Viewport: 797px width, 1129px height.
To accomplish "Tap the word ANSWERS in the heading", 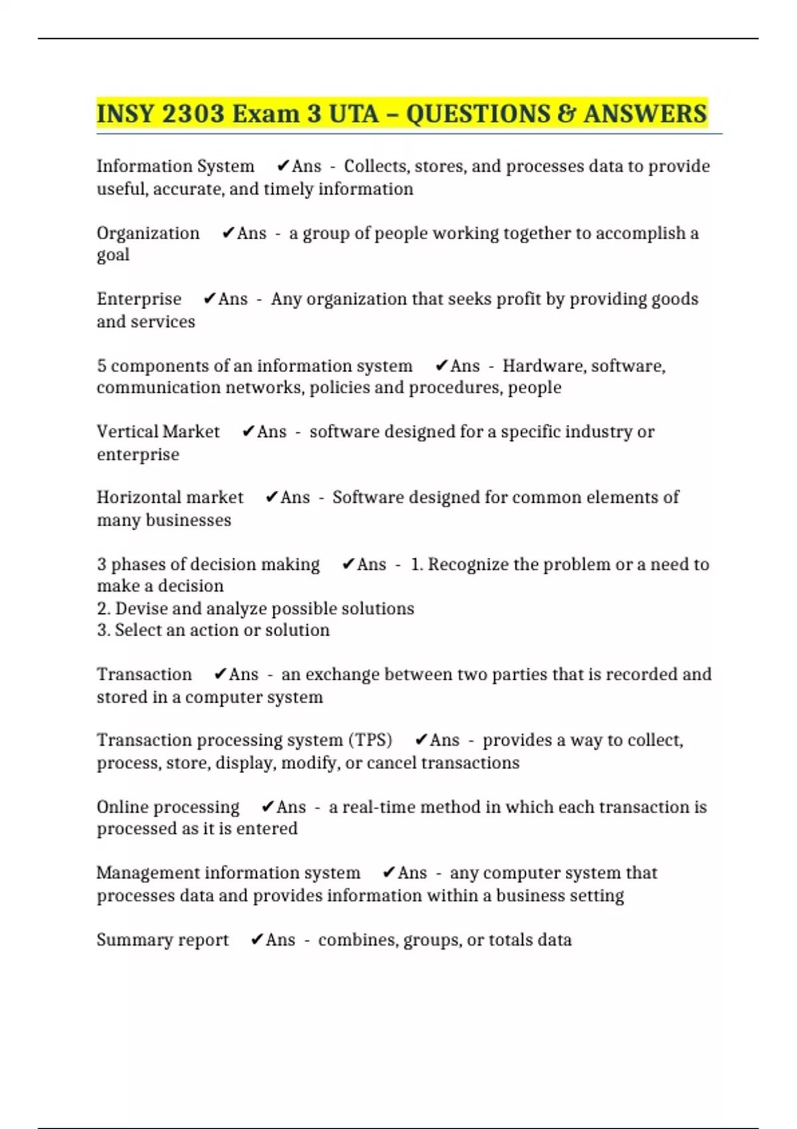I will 645,114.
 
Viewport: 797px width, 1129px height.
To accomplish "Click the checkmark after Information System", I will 283,166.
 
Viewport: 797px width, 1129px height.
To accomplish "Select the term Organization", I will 148,233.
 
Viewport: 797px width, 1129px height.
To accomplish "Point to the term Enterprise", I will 139,299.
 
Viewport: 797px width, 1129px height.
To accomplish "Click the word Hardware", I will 544,366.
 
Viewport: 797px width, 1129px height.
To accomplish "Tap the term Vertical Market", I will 158,432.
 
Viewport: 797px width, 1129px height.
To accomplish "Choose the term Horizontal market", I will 170,497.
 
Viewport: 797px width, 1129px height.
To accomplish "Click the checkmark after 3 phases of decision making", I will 348,564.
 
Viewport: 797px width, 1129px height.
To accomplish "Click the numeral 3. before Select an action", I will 104,630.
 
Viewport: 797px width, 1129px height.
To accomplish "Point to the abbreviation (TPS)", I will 370,740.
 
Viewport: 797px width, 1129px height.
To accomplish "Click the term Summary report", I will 163,940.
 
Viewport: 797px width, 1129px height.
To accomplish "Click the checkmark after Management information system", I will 389,873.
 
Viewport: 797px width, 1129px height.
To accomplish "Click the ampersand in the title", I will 566,114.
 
